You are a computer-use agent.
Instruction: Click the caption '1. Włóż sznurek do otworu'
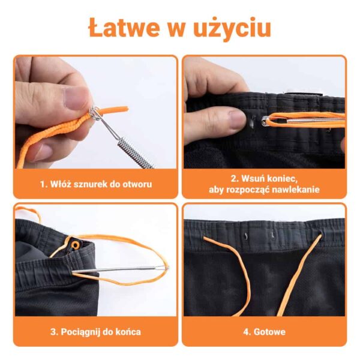tap(96, 184)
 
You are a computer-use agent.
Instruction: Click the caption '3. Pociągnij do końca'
tap(95, 332)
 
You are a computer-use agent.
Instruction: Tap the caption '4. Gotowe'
tap(265, 332)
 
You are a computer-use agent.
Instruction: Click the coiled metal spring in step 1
tap(136, 153)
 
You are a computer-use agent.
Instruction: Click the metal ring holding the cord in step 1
tap(95, 113)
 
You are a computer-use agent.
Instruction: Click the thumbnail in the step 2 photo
tap(236, 119)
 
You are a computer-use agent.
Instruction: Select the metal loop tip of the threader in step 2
tap(265, 121)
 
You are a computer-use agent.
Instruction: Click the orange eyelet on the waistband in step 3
tap(75, 245)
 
